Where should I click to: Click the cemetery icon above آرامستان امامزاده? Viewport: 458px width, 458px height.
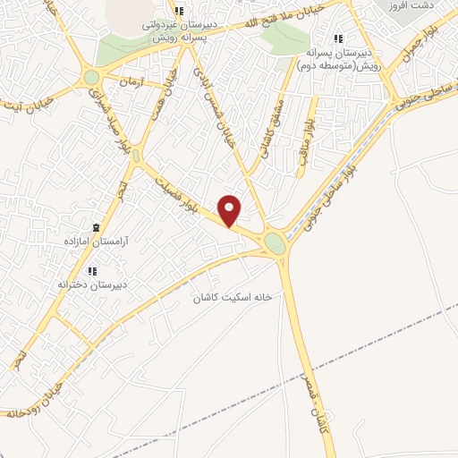[x=98, y=226]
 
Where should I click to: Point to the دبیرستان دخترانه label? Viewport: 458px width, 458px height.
[x=89, y=284]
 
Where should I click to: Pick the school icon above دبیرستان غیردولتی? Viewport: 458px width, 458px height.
[x=179, y=11]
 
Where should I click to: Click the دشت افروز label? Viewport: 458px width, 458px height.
[x=414, y=5]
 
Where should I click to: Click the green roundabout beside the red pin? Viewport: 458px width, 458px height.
[x=275, y=242]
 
